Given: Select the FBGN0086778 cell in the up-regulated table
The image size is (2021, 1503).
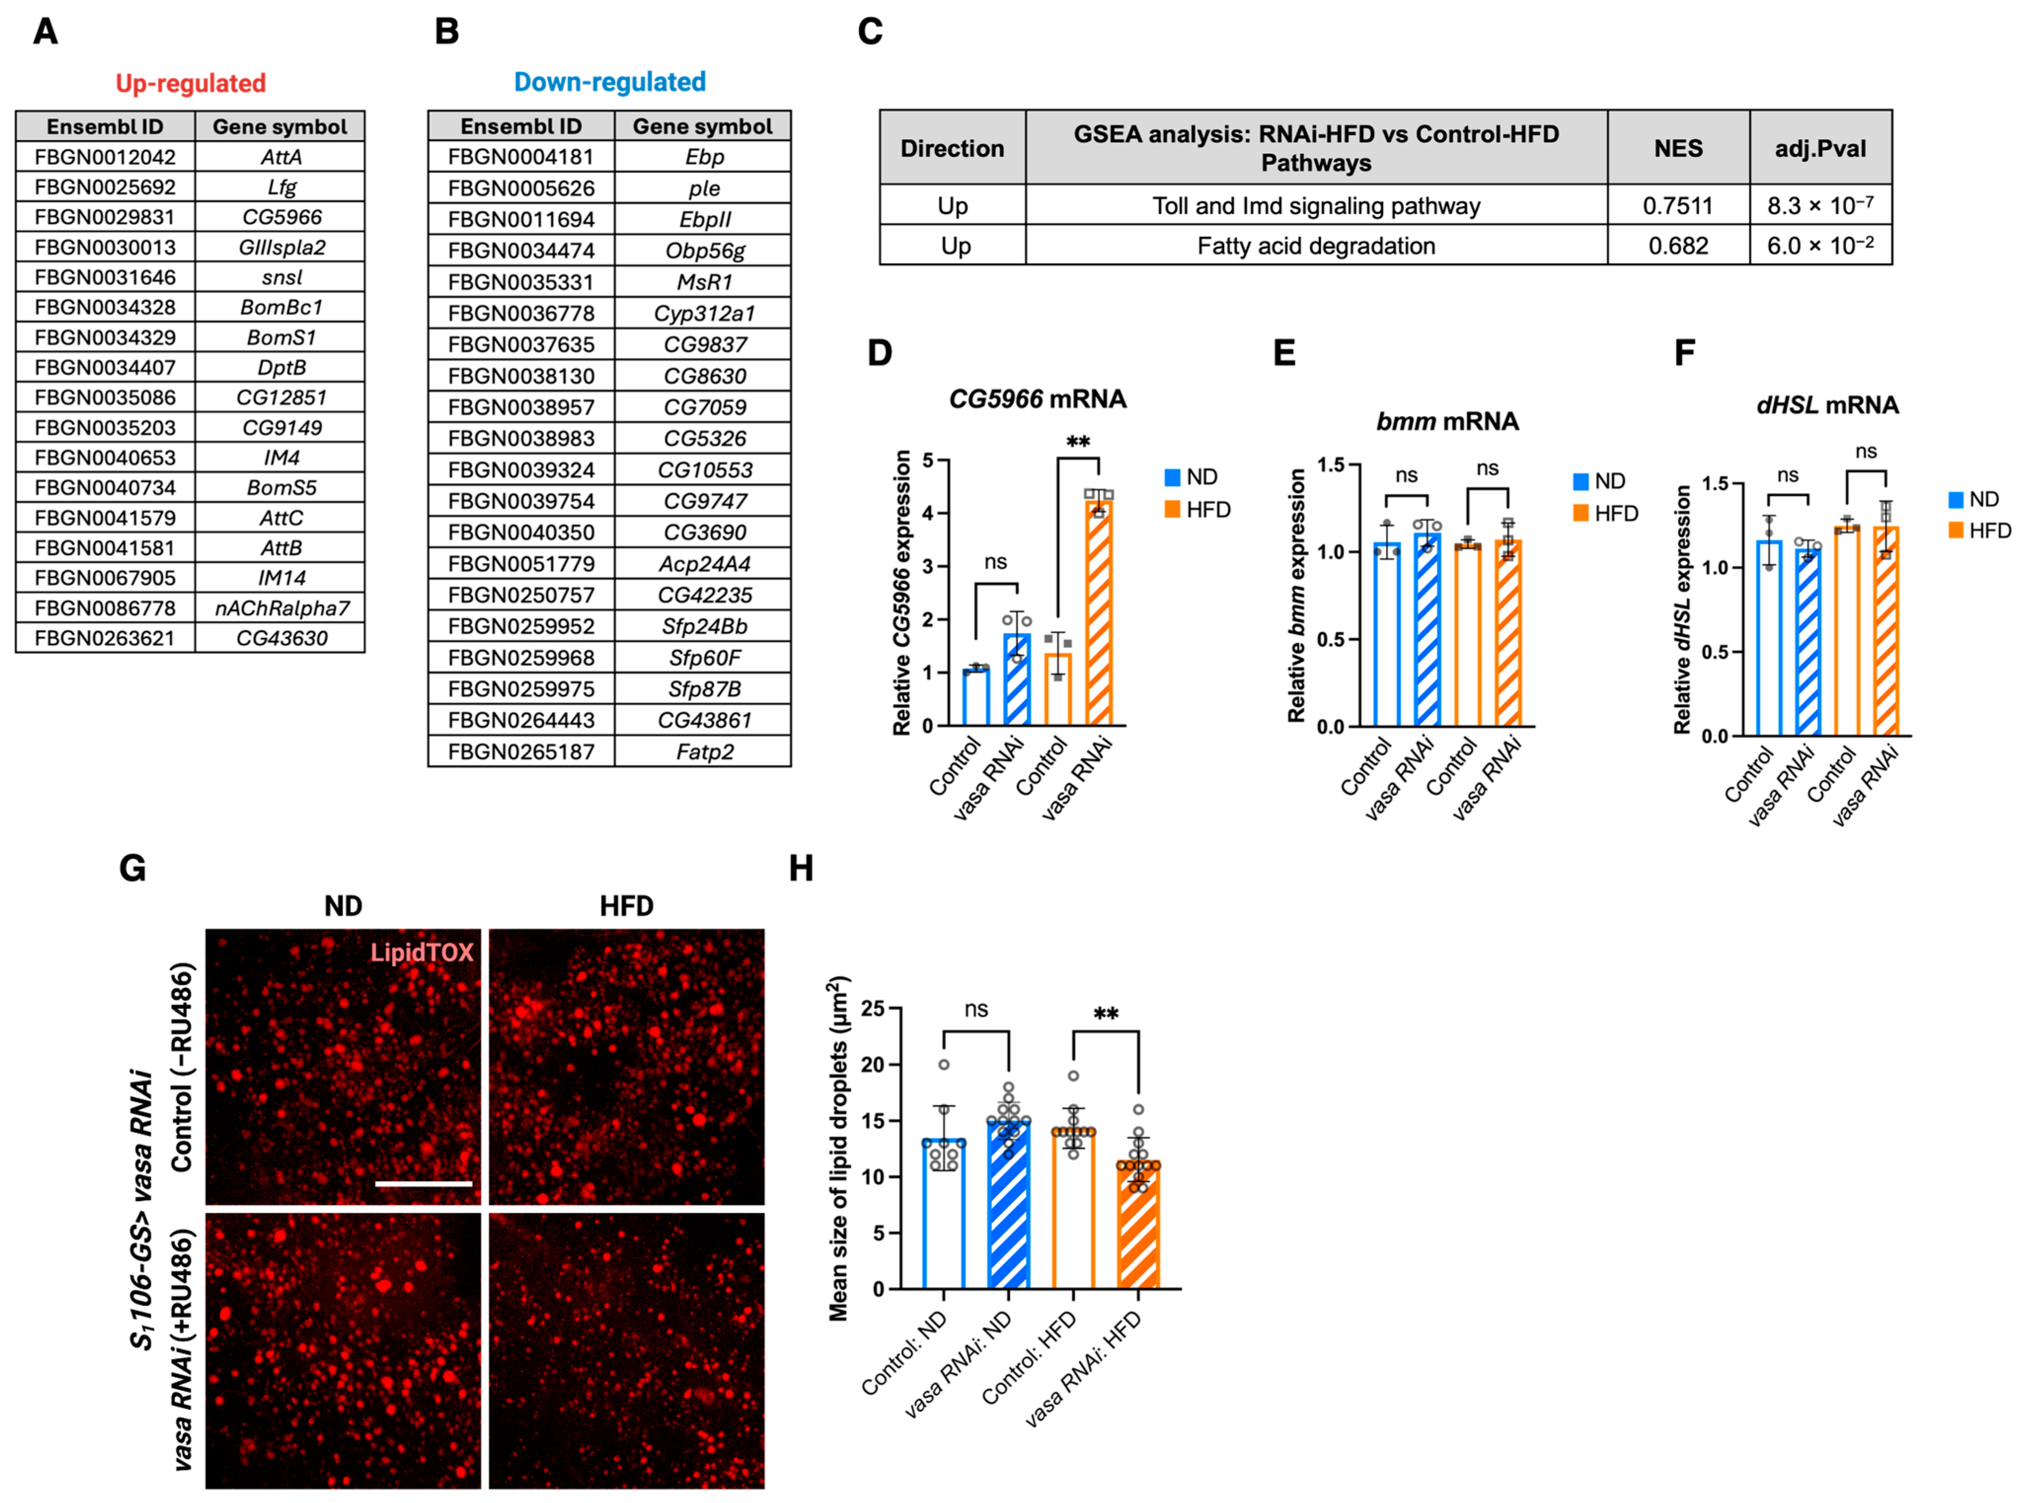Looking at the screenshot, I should (105, 608).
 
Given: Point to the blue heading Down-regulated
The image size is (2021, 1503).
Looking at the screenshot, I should (610, 82).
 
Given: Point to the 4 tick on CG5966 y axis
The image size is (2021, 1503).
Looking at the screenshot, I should (928, 513).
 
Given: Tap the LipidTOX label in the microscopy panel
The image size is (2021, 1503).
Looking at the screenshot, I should (421, 952).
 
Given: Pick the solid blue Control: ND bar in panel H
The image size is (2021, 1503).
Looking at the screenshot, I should (944, 1215).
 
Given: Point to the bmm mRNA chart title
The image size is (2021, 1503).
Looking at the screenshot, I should (1447, 421).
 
